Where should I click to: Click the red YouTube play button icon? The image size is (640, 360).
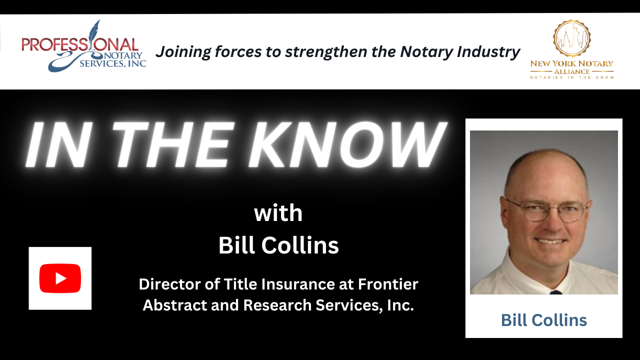(x=60, y=278)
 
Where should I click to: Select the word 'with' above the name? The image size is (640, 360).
(x=278, y=213)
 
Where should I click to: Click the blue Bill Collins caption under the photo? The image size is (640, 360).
(x=544, y=320)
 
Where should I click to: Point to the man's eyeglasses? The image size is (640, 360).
(x=546, y=209)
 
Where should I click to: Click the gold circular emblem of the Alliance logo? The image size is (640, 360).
(x=571, y=39)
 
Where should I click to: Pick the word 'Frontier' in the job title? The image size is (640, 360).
(x=388, y=284)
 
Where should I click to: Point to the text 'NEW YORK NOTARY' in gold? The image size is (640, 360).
(x=572, y=63)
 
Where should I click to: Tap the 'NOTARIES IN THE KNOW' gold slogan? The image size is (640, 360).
(x=572, y=77)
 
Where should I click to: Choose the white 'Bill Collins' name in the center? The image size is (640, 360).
(x=278, y=246)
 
